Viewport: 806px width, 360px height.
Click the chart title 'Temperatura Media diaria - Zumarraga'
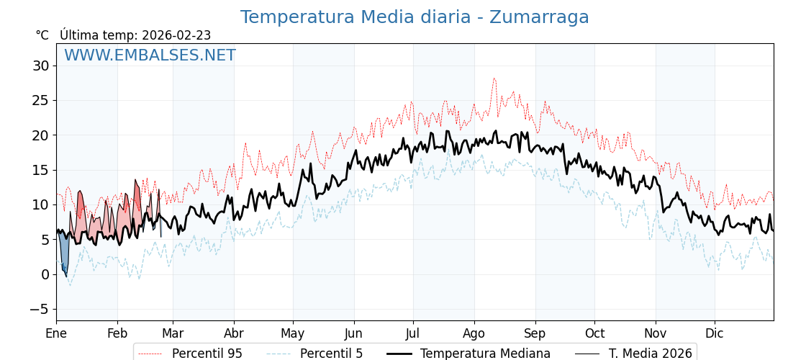415,17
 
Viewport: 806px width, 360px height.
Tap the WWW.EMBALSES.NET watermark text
150,55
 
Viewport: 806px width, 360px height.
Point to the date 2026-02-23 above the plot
176,35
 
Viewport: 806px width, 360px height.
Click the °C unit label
42,35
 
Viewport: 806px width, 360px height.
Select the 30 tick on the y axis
40,66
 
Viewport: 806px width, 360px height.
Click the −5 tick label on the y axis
40,309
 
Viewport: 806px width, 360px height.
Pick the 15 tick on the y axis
40,170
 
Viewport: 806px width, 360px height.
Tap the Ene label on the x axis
56,333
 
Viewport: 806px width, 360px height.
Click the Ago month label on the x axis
474,333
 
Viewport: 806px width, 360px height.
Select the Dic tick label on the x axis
715,333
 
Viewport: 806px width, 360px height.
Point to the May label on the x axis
293,333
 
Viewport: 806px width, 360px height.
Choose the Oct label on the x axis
594,333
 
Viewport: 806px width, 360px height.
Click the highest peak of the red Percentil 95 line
494,78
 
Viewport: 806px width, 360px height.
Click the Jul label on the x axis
413,333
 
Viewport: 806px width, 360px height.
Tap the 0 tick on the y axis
45,274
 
